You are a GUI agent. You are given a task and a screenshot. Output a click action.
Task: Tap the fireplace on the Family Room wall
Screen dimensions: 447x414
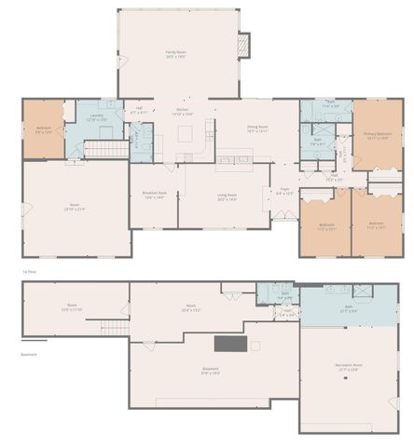pyautogui.click(x=244, y=44)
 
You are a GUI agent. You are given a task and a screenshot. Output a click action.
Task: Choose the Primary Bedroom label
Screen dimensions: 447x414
pyautogui.click(x=378, y=135)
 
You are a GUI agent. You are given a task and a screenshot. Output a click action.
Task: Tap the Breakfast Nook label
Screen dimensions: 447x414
pyautogui.click(x=153, y=195)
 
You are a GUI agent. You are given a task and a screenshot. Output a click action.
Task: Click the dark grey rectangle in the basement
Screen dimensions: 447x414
pyautogui.click(x=231, y=344)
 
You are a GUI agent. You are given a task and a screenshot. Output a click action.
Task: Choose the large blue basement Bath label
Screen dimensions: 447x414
pyautogui.click(x=348, y=308)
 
